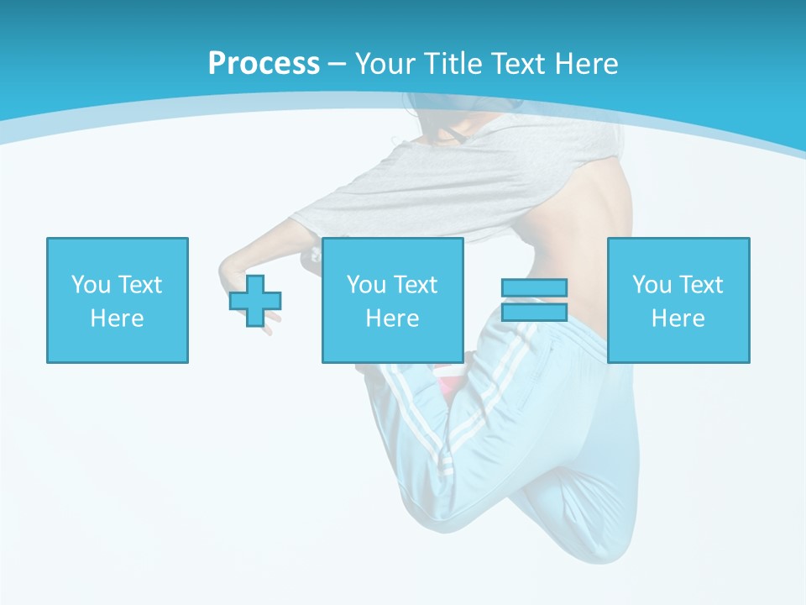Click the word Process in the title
[264, 63]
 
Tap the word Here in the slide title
[586, 63]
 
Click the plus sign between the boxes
[255, 301]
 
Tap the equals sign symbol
[534, 300]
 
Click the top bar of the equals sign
[534, 288]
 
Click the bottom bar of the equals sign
[534, 312]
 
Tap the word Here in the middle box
[392, 318]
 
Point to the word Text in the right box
[700, 285]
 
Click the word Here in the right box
[678, 318]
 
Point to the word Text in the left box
[139, 285]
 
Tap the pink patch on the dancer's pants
[451, 385]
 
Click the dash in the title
[338, 64]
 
